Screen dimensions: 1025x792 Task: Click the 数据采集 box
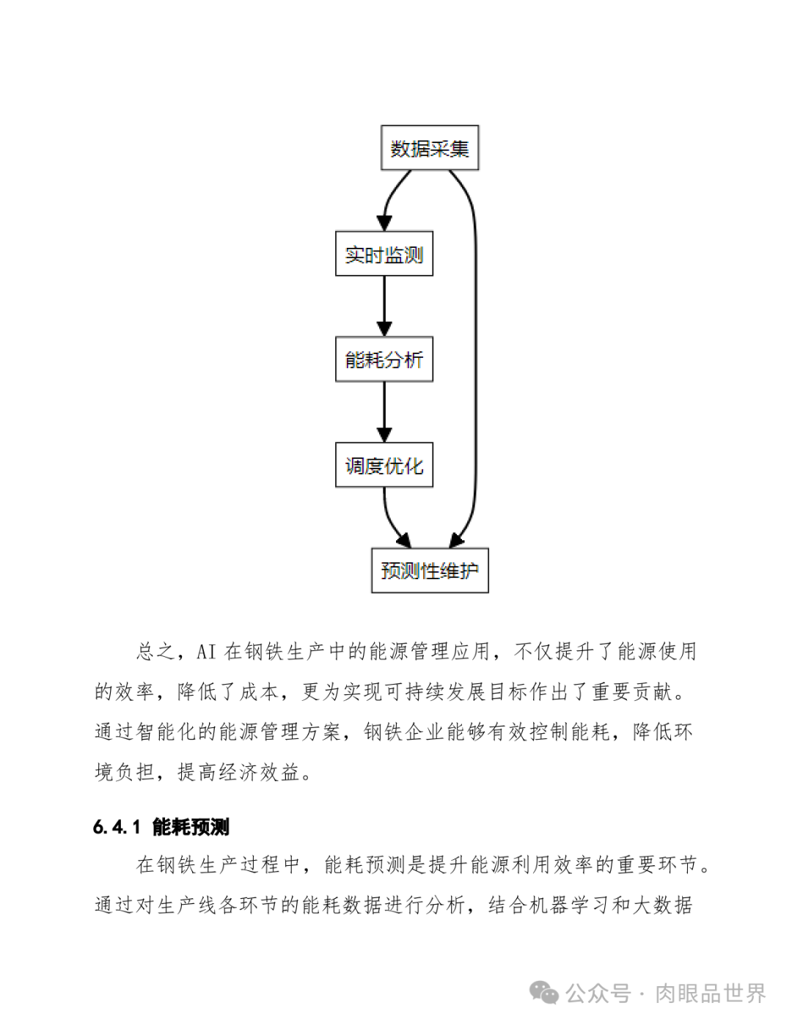pos(430,148)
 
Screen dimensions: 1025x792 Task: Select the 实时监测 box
pos(384,254)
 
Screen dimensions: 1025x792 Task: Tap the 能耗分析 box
pos(384,360)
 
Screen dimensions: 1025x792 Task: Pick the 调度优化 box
pos(384,466)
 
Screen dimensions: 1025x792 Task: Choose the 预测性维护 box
pos(430,571)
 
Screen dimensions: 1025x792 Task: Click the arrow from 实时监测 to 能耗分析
pos(384,306)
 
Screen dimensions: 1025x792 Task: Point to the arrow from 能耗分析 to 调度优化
pos(384,412)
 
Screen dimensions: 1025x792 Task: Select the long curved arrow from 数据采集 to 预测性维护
pos(475,359)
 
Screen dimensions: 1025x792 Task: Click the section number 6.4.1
pos(117,828)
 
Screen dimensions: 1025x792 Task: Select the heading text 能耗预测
pos(191,828)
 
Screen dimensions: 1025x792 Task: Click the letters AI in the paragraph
pos(206,652)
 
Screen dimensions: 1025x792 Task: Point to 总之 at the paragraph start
pos(155,652)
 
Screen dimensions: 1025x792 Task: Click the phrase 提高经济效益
pos(239,773)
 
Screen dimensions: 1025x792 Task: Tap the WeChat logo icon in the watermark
pos(544,993)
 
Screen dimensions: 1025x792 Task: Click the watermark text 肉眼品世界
pos(710,994)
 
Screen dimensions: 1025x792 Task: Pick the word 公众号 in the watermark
pos(598,994)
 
